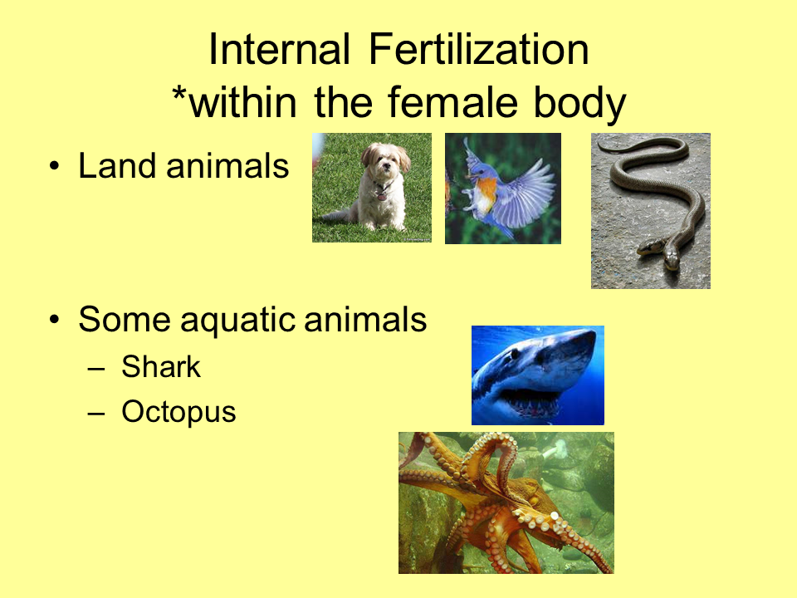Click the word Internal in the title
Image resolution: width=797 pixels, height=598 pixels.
point(279,51)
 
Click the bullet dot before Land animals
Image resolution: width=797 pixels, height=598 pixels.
point(55,167)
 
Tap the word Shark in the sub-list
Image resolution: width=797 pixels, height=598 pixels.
point(161,367)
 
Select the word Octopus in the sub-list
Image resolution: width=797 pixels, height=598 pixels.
point(178,411)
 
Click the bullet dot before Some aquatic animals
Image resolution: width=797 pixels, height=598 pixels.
point(55,320)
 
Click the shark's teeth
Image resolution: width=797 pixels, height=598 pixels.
point(531,407)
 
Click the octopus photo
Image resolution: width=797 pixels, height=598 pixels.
point(506,502)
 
